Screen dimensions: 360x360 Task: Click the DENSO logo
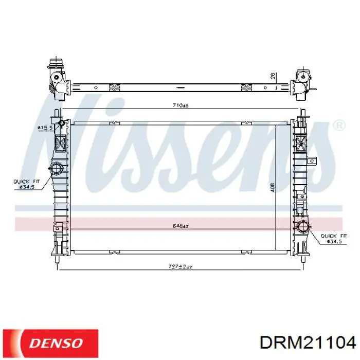coord(50,343)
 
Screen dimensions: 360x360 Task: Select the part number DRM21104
coord(308,344)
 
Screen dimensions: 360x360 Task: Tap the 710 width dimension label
coord(180,105)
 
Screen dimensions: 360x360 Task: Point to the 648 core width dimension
coord(180,226)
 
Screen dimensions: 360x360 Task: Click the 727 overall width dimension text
coord(180,266)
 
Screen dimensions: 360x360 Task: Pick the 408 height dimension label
coord(272,188)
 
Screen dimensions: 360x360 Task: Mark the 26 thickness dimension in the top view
coord(273,76)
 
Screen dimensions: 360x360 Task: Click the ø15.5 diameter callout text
coord(45,128)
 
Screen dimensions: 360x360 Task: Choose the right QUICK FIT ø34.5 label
coord(334,239)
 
